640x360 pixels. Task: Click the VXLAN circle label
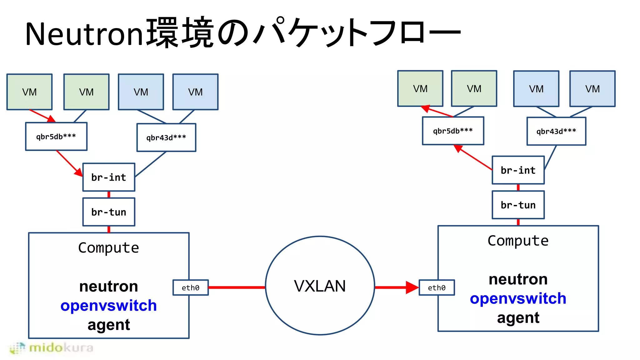pyautogui.click(x=320, y=286)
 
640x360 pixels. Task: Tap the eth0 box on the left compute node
pyautogui.click(x=191, y=287)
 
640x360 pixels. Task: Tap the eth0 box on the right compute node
pyautogui.click(x=437, y=287)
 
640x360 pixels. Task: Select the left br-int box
pyautogui.click(x=109, y=177)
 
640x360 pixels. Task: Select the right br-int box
pyautogui.click(x=518, y=170)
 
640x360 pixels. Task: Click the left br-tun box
pyautogui.click(x=109, y=212)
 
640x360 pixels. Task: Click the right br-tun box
pyautogui.click(x=518, y=205)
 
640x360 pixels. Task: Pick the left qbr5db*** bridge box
pyautogui.click(x=56, y=137)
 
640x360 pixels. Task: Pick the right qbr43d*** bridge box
pyautogui.click(x=556, y=131)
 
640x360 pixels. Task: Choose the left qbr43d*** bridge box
pyautogui.click(x=166, y=137)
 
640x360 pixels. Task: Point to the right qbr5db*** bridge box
pyautogui.click(x=453, y=131)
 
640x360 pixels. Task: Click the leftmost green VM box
pyautogui.click(x=29, y=92)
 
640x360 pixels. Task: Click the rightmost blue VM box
pyautogui.click(x=592, y=89)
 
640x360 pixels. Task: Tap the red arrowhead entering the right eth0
pyautogui.click(x=412, y=287)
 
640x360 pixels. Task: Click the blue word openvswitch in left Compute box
pyautogui.click(x=108, y=305)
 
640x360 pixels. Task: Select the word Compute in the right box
pyautogui.click(x=518, y=241)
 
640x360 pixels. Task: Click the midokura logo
pyautogui.click(x=52, y=348)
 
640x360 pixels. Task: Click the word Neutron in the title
pyautogui.click(x=84, y=34)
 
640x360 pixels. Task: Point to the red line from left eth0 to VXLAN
pyautogui.click(x=237, y=287)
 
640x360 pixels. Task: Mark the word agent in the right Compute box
pyautogui.click(x=518, y=318)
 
